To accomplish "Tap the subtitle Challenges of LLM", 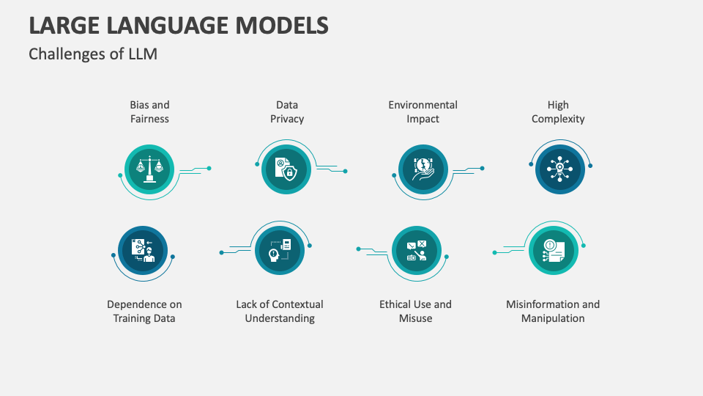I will [93, 54].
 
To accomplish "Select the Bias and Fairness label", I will [149, 112].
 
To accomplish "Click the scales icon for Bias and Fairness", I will [149, 169].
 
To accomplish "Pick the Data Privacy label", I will [287, 112].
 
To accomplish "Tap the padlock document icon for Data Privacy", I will [286, 169].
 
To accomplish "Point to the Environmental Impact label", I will [423, 112].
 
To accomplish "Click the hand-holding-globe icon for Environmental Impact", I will [423, 169].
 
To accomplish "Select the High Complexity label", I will [558, 112].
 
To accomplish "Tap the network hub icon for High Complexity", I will [559, 169].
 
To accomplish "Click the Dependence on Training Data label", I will [144, 312].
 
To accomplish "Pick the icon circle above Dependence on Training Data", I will [143, 251].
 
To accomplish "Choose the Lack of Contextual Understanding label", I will [280, 312].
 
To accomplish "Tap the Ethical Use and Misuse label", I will [415, 312].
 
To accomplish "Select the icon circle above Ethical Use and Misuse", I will [416, 251].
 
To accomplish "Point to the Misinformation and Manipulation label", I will [553, 312].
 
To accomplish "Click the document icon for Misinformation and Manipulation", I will [553, 251].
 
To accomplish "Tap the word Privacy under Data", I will [287, 119].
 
